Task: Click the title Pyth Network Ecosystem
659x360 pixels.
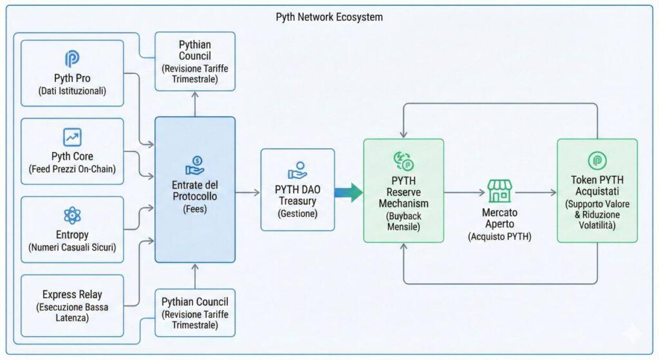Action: point(329,17)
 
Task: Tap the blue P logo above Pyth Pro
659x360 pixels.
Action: point(72,59)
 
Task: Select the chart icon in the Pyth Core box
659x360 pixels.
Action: point(72,137)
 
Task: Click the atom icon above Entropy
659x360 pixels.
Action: point(72,215)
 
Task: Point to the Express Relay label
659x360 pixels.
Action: point(72,294)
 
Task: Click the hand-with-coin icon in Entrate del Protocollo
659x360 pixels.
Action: point(194,166)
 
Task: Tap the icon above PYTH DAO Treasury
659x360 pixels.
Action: point(297,170)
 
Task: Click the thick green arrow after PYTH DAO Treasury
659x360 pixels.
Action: point(349,191)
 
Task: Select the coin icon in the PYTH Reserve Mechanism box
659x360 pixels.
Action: point(404,160)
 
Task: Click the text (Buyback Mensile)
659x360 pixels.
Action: point(404,222)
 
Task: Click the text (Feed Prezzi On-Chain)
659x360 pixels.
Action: point(72,169)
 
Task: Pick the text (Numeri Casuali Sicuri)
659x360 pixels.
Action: point(72,247)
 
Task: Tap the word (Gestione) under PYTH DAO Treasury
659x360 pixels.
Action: point(297,213)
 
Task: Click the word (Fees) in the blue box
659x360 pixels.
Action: point(194,209)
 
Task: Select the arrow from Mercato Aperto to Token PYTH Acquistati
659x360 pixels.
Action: point(535,192)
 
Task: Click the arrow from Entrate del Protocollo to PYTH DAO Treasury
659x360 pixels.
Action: point(248,192)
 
